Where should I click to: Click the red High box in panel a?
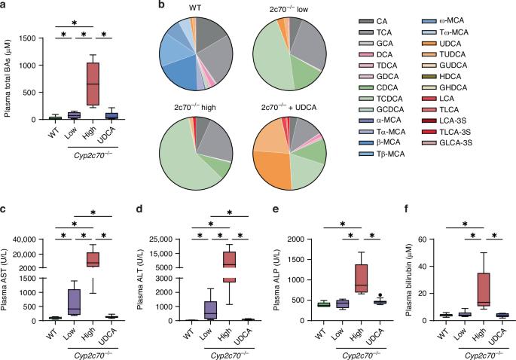click(x=93, y=84)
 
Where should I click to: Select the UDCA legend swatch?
click(x=429, y=44)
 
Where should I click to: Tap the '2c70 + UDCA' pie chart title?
click(x=289, y=107)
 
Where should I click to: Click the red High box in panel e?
click(x=362, y=279)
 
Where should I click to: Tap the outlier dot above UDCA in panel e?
click(x=380, y=295)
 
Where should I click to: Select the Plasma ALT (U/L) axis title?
click(x=139, y=279)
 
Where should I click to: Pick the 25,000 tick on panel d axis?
click(x=161, y=239)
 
